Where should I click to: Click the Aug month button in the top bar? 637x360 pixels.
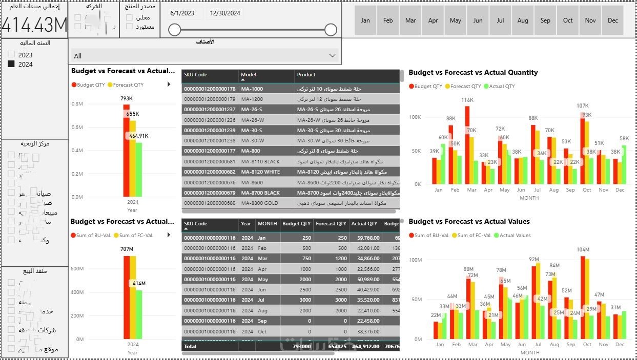(x=523, y=20)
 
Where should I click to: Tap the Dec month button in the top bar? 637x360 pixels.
(x=613, y=20)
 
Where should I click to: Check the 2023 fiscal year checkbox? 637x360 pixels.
(x=11, y=55)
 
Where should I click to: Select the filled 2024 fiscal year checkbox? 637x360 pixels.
(x=11, y=64)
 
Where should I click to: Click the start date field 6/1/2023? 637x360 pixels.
(x=182, y=13)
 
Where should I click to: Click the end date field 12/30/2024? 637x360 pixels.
(x=225, y=13)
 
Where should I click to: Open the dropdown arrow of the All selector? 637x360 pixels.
(x=332, y=55)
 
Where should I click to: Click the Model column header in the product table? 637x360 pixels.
(x=249, y=75)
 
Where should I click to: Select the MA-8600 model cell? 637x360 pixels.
(x=252, y=182)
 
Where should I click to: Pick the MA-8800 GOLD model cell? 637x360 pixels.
(x=260, y=203)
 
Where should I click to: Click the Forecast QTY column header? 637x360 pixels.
(x=331, y=224)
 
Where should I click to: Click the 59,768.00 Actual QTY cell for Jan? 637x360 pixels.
(x=365, y=238)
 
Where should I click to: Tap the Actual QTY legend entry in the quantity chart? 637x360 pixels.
(x=499, y=87)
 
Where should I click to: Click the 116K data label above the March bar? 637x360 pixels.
(x=467, y=100)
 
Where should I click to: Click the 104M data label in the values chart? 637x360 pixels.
(x=583, y=250)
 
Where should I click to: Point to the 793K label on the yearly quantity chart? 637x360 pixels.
(x=127, y=98)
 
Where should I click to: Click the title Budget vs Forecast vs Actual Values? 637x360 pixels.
(x=469, y=222)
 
